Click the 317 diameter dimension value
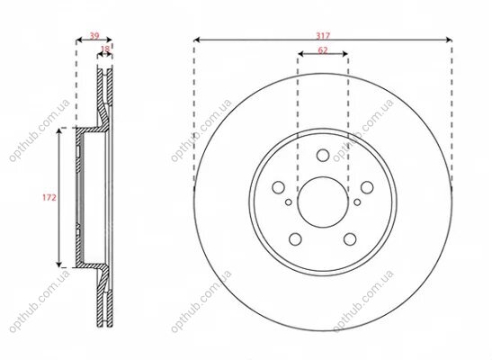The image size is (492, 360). (323, 36)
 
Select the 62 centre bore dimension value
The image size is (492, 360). (323, 50)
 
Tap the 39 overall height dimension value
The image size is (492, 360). (94, 36)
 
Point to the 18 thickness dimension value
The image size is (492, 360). (105, 49)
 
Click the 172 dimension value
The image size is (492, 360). (49, 197)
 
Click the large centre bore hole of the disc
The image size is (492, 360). (323, 202)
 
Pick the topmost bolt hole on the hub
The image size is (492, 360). (323, 155)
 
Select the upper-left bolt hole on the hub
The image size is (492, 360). (278, 187)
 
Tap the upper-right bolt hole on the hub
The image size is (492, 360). (367, 187)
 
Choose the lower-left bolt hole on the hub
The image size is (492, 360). (295, 239)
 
